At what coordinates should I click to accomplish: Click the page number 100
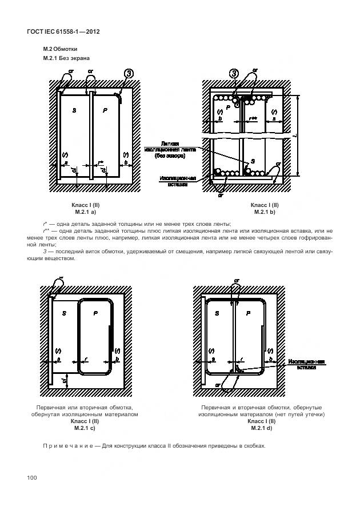pyautogui.click(x=32, y=477)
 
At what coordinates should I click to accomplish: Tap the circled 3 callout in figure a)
pyautogui.click(x=129, y=74)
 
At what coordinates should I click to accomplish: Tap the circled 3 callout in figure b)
pyautogui.click(x=233, y=73)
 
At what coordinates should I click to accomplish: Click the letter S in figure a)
pyautogui.click(x=74, y=111)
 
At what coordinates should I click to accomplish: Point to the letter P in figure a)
pyautogui.click(x=105, y=111)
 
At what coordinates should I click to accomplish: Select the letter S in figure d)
pyautogui.click(x=217, y=313)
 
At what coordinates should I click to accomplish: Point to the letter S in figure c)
pyautogui.click(x=64, y=313)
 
